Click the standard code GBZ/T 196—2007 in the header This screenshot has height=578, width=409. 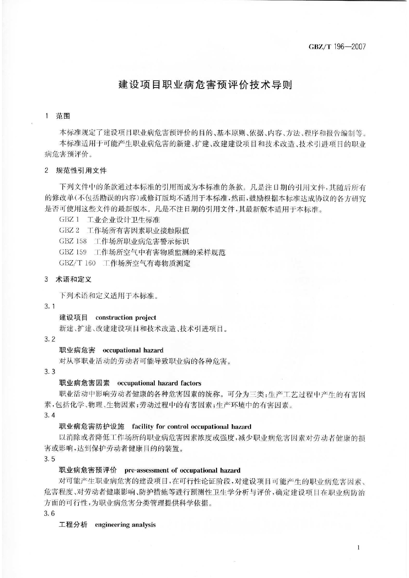pyautogui.click(x=337, y=47)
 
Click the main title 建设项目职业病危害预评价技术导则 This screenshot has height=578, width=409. pyautogui.click(x=205, y=85)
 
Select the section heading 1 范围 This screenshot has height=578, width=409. pyautogui.click(x=58, y=116)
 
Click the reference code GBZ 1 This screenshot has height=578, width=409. pyautogui.click(x=69, y=220)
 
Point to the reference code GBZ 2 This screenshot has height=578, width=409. pyautogui.click(x=69, y=231)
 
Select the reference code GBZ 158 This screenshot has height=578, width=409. pyautogui.click(x=73, y=241)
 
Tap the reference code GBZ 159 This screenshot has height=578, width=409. pyautogui.click(x=73, y=253)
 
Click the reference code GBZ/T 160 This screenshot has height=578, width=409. pyautogui.click(x=77, y=263)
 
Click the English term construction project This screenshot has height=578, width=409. pyautogui.click(x=126, y=318)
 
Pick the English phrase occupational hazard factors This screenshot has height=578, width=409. pyautogui.click(x=159, y=383)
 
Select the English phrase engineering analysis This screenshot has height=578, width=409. pyautogui.click(x=125, y=525)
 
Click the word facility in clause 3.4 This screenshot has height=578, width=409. pyautogui.click(x=142, y=427)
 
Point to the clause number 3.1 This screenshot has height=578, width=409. pyautogui.click(x=50, y=307)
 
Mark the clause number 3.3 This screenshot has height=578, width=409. pyautogui.click(x=50, y=372)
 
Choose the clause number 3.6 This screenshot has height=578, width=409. pyautogui.click(x=50, y=513)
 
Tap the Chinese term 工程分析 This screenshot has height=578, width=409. pyautogui.click(x=73, y=525)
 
